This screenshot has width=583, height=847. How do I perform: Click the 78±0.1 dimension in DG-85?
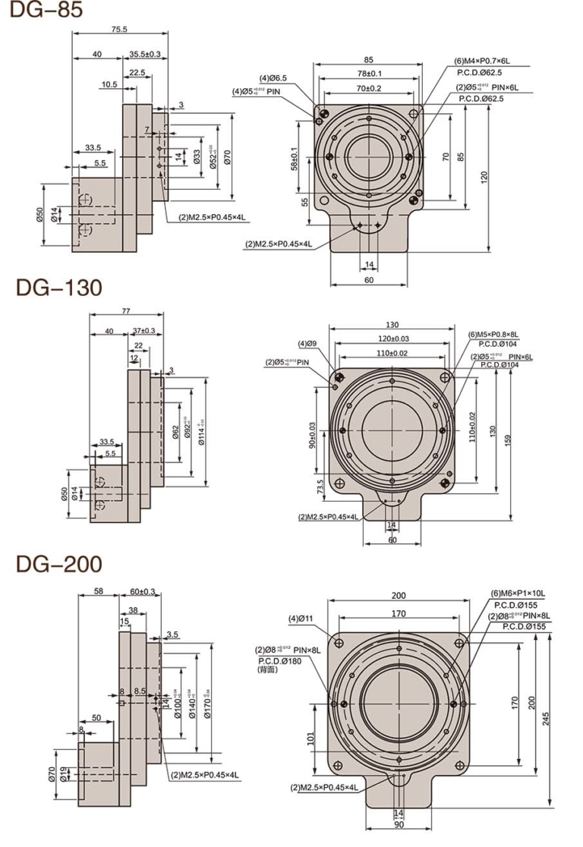tap(369, 73)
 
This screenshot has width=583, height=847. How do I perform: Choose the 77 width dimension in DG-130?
tap(126, 310)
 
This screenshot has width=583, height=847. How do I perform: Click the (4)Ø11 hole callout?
tap(301, 619)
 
